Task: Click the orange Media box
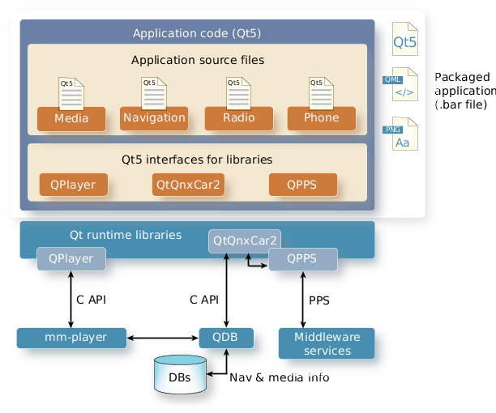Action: [x=71, y=118]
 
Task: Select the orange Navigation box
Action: [x=154, y=118]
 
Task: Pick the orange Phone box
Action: [x=321, y=118]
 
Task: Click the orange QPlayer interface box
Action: [x=74, y=185]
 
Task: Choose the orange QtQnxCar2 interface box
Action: [x=187, y=185]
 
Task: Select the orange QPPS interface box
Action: [x=303, y=185]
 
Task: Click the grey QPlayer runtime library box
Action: [x=71, y=260]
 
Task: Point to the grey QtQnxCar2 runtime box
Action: [x=244, y=241]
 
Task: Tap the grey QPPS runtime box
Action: [x=302, y=260]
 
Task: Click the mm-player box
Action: [x=72, y=337]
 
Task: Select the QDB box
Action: [x=225, y=337]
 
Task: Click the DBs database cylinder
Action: [x=180, y=376]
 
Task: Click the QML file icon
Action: [x=403, y=85]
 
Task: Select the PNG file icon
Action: [x=403, y=134]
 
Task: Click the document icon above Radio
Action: [x=237, y=92]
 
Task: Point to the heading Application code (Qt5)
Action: [x=197, y=33]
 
